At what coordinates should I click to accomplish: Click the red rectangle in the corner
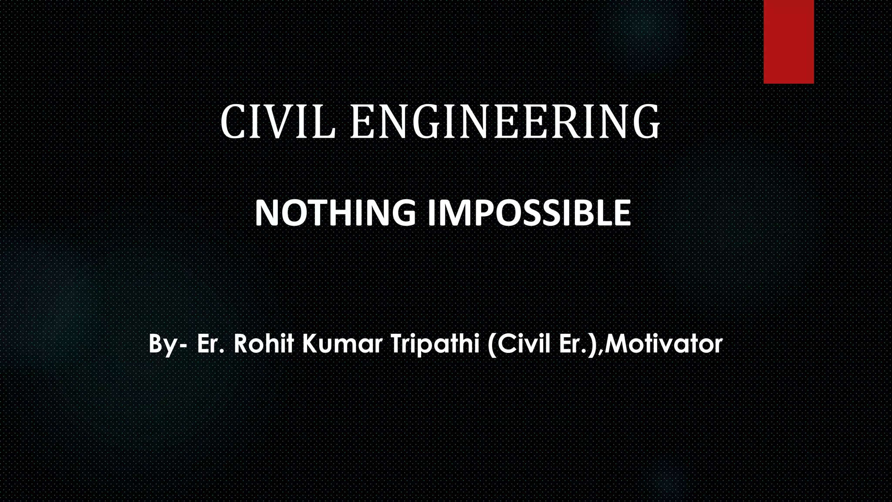click(x=788, y=41)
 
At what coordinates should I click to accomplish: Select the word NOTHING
click(x=335, y=213)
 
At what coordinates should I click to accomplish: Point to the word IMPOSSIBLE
click(x=529, y=213)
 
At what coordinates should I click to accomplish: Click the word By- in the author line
click(x=168, y=344)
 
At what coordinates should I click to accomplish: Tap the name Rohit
click(x=264, y=343)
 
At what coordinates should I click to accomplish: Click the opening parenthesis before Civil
click(x=491, y=344)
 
